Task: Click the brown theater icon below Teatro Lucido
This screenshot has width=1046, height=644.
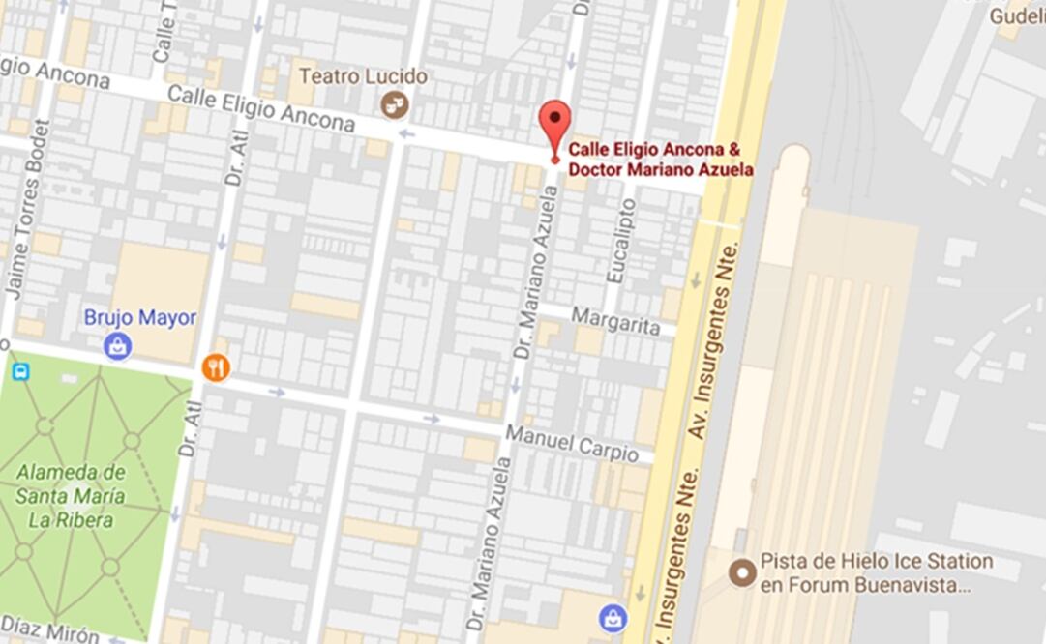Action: (394, 104)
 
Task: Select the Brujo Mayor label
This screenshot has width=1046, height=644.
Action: (140, 317)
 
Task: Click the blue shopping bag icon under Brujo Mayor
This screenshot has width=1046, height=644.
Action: (118, 346)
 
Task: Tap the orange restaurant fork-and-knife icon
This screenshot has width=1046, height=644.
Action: (216, 367)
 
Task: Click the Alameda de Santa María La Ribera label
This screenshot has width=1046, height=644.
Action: (71, 496)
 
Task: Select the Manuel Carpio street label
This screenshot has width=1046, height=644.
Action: (572, 443)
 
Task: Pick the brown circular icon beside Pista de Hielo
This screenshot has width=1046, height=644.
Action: (742, 572)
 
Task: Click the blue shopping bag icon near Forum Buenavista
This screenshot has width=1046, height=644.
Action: (613, 618)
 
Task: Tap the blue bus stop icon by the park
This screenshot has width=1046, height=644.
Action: (20, 370)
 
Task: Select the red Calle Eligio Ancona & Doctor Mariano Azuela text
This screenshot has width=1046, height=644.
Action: (660, 160)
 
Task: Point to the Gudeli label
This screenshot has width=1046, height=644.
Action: (1016, 16)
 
